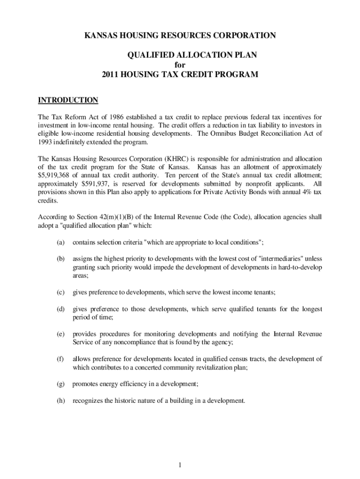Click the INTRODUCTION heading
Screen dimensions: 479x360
pyautogui.click(x=68, y=100)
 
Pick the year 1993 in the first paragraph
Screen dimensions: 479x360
pyautogui.click(x=46, y=142)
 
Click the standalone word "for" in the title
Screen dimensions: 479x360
pyautogui.click(x=180, y=65)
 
